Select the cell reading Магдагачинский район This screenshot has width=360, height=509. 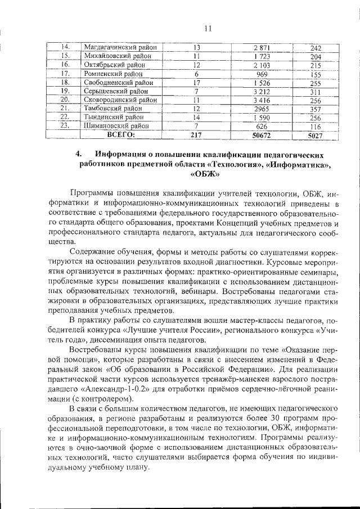coord(119,47)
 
